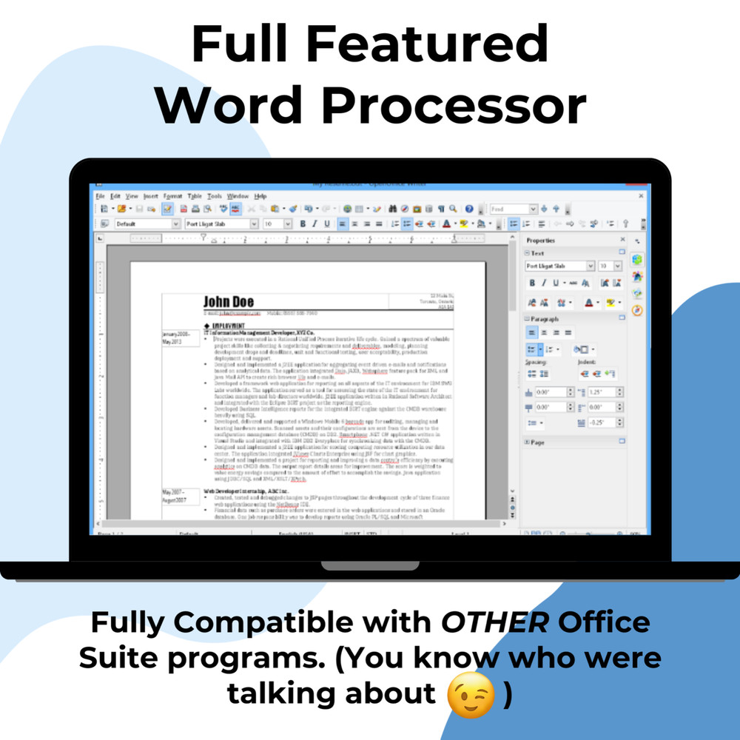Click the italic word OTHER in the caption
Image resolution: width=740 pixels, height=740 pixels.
pyautogui.click(x=495, y=622)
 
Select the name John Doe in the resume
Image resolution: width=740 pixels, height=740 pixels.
pyautogui.click(x=229, y=301)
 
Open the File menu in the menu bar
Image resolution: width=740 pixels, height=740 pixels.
pyautogui.click(x=100, y=196)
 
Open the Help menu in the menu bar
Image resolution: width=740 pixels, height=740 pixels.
pyautogui.click(x=260, y=196)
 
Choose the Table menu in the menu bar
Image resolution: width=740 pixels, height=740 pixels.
pyautogui.click(x=195, y=196)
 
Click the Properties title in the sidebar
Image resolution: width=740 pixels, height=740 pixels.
pyautogui.click(x=541, y=240)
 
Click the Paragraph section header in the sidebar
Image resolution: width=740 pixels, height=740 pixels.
pyautogui.click(x=545, y=318)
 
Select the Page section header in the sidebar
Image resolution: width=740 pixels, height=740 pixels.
pyautogui.click(x=537, y=442)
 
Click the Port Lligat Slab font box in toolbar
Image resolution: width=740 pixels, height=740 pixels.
pyautogui.click(x=219, y=223)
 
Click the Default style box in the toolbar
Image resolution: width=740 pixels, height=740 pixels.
pyautogui.click(x=143, y=223)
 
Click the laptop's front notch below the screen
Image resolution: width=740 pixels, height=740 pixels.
pyautogui.click(x=369, y=566)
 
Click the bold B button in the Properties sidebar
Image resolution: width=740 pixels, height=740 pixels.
pyautogui.click(x=532, y=283)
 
